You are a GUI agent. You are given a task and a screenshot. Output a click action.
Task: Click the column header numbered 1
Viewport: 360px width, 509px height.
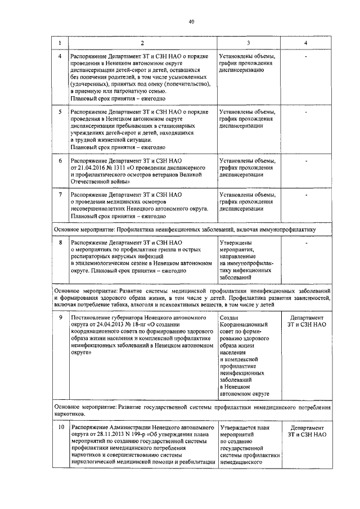click(x=60, y=43)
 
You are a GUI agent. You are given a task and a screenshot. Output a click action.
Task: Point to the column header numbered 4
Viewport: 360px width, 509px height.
click(x=305, y=43)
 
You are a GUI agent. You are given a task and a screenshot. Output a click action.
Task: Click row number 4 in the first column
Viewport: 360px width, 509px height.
click(x=60, y=57)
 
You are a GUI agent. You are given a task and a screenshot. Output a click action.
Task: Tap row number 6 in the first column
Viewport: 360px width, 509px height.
click(x=60, y=161)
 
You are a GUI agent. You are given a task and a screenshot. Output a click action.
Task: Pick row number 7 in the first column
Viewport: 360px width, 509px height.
click(x=60, y=195)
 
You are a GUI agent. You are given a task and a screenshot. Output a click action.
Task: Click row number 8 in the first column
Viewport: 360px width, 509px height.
click(x=60, y=242)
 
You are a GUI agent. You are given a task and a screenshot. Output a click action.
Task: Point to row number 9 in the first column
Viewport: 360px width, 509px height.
click(x=60, y=317)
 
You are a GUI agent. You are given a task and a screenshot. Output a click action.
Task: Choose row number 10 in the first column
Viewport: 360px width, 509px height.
click(x=60, y=428)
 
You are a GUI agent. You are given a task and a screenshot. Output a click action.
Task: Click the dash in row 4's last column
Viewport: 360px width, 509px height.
click(x=305, y=57)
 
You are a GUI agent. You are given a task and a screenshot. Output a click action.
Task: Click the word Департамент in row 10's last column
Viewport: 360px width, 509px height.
click(x=305, y=428)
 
